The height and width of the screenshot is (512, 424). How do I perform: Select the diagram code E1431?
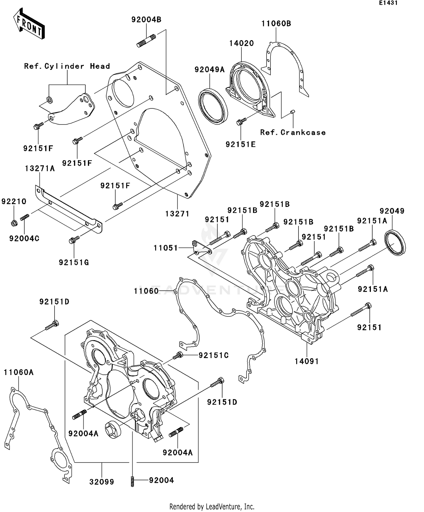(x=388, y=3)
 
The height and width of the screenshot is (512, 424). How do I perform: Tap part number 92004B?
(x=146, y=20)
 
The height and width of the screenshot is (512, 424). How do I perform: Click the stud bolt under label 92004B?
(x=146, y=40)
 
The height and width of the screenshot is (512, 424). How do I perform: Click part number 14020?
(x=241, y=43)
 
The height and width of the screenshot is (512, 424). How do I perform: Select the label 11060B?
(x=276, y=24)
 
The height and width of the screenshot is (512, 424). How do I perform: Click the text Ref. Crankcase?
(x=293, y=132)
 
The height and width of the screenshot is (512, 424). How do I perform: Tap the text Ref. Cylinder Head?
(x=67, y=66)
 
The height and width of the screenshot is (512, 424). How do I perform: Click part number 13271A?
(x=40, y=169)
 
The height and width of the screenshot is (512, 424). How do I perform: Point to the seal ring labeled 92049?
(x=395, y=243)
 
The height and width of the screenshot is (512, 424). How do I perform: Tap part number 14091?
(x=306, y=361)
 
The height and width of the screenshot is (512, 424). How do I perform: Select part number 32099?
(x=101, y=482)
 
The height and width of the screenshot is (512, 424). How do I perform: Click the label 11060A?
(x=18, y=372)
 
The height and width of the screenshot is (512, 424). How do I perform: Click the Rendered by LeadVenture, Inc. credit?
(x=212, y=506)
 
